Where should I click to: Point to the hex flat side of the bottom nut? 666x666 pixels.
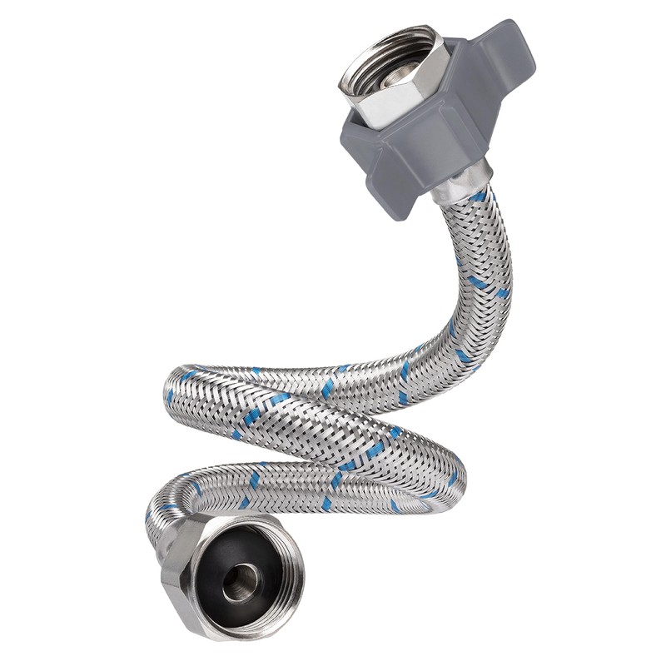[179, 583]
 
